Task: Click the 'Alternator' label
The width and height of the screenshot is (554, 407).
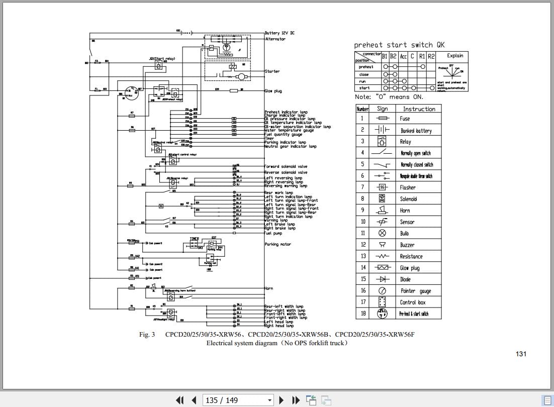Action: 275,39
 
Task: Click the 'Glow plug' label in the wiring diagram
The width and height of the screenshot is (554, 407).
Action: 273,91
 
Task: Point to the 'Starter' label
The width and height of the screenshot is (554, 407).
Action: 272,71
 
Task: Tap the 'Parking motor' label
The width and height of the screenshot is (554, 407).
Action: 278,244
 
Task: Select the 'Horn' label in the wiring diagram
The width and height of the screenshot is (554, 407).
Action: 268,288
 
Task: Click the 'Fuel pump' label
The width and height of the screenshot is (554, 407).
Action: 274,233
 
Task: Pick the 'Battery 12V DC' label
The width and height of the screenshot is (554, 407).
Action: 280,33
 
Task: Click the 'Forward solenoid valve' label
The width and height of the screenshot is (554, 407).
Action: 286,166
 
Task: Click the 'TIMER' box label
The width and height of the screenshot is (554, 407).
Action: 194,239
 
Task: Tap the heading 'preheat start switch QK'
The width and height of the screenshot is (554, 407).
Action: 399,45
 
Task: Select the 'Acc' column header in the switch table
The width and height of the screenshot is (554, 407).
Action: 403,56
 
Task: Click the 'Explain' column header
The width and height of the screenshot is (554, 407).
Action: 454,56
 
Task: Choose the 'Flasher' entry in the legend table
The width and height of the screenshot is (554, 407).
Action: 408,187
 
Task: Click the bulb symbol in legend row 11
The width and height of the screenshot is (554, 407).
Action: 382,233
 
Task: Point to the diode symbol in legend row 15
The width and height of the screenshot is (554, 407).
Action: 382,279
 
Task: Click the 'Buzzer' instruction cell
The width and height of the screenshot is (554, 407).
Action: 407,245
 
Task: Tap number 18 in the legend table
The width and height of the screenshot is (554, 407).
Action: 362,314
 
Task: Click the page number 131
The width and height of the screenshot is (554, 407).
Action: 521,354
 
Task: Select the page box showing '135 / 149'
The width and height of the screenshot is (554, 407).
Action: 238,400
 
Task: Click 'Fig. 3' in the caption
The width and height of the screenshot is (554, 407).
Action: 147,335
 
